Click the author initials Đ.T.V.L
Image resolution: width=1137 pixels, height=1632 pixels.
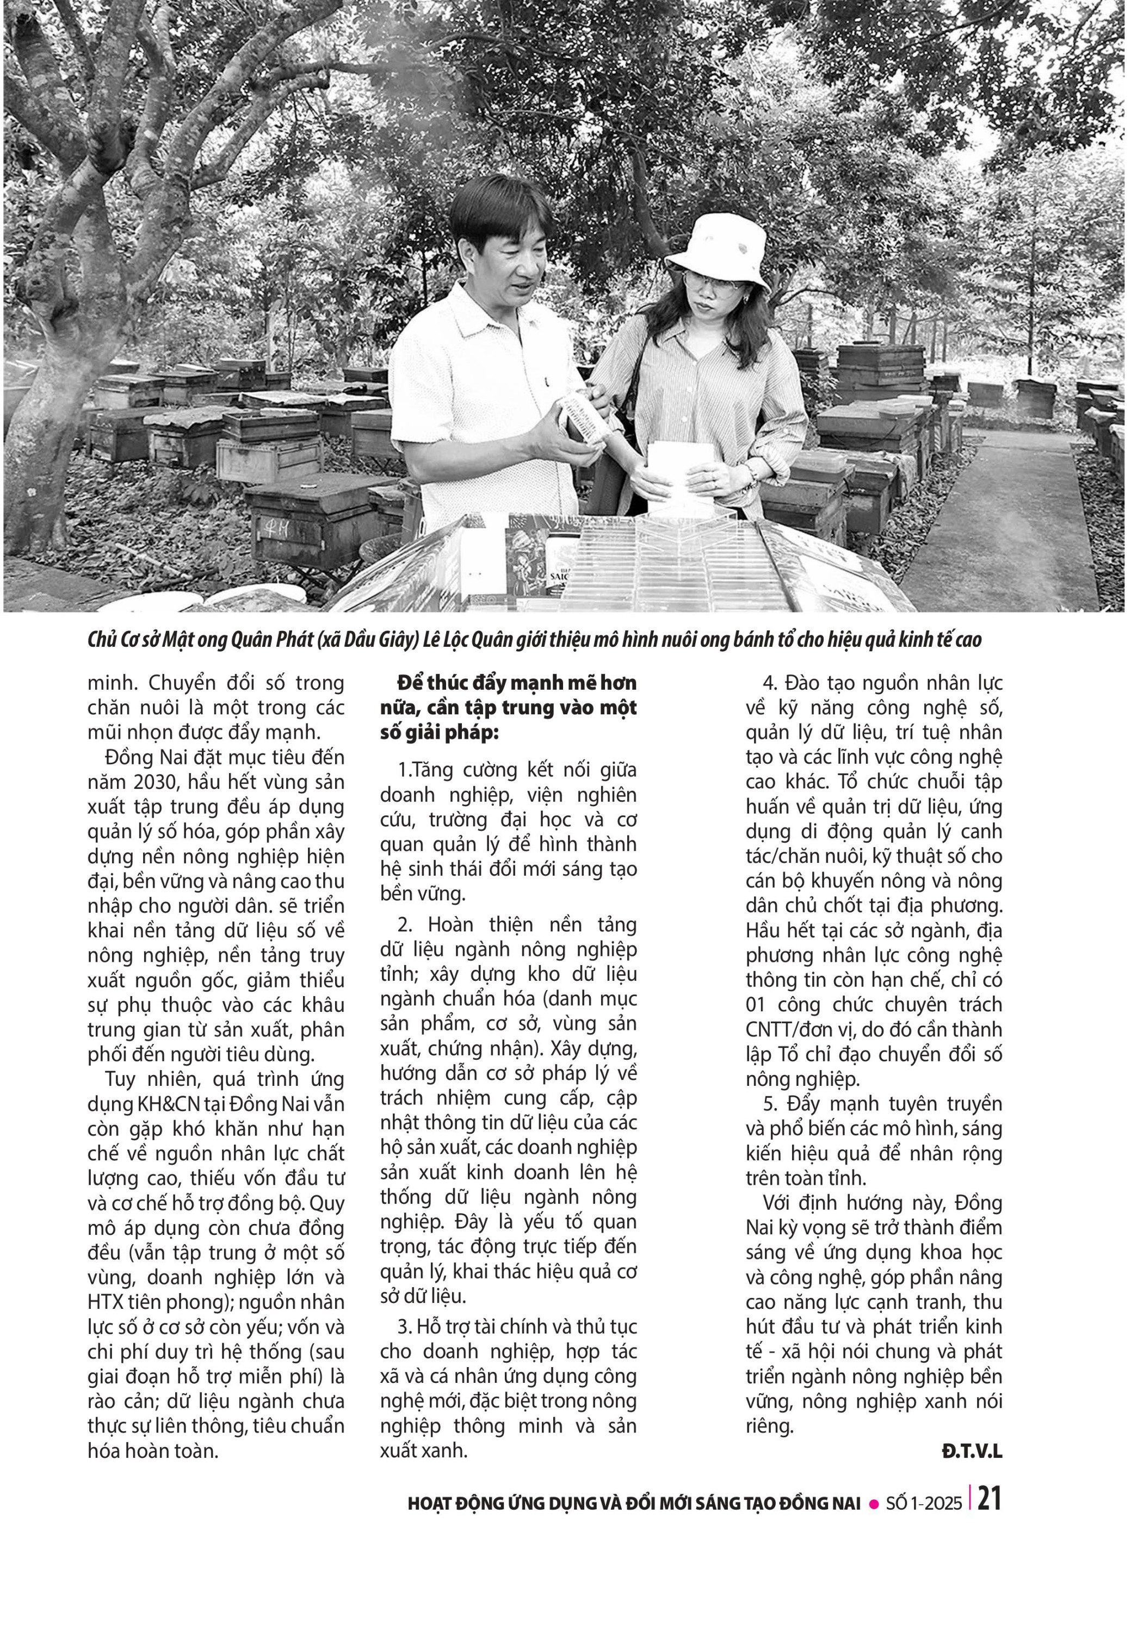(x=972, y=1451)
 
